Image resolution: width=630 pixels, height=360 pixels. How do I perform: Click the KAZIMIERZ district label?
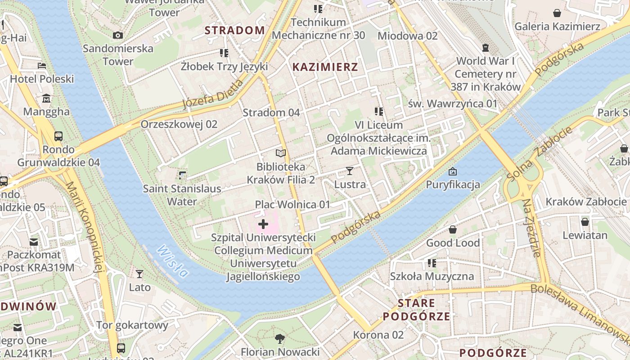(x=325, y=67)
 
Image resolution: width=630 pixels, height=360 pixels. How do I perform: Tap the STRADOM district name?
(x=234, y=30)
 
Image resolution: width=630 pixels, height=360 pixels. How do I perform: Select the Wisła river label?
(x=172, y=261)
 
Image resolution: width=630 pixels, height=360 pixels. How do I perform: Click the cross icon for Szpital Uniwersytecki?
(x=263, y=224)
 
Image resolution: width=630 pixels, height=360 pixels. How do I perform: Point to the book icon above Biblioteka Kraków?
(x=281, y=153)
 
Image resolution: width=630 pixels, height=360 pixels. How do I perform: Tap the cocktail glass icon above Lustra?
(x=350, y=171)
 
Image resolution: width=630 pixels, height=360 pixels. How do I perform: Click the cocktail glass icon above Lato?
(x=139, y=274)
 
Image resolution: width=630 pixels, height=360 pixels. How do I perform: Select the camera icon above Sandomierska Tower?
(x=117, y=35)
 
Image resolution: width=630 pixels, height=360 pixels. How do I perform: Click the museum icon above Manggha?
(x=46, y=99)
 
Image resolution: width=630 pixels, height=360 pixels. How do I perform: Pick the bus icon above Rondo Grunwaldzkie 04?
(x=58, y=136)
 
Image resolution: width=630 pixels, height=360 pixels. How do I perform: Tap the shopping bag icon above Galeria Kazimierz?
(x=557, y=13)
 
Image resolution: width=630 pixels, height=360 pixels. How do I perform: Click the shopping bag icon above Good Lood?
(x=453, y=229)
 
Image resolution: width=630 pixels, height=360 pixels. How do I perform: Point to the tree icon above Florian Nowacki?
(x=280, y=338)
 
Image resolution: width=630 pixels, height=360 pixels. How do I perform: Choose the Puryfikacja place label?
(x=453, y=184)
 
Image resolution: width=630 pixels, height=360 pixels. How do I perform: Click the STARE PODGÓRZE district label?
(x=416, y=310)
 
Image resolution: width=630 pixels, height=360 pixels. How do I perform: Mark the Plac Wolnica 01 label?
(x=292, y=205)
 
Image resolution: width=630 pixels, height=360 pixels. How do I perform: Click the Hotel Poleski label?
(x=42, y=79)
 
